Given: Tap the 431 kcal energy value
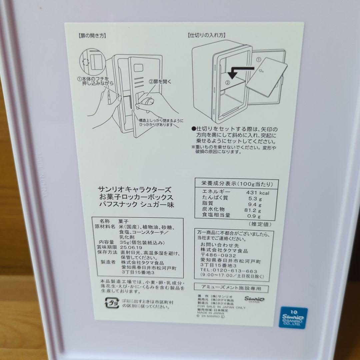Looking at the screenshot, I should (257, 193).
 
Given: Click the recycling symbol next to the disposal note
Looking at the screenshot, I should (112, 304).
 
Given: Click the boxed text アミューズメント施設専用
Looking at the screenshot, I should (231, 288).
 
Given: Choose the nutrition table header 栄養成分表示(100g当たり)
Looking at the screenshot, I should (237, 184).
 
